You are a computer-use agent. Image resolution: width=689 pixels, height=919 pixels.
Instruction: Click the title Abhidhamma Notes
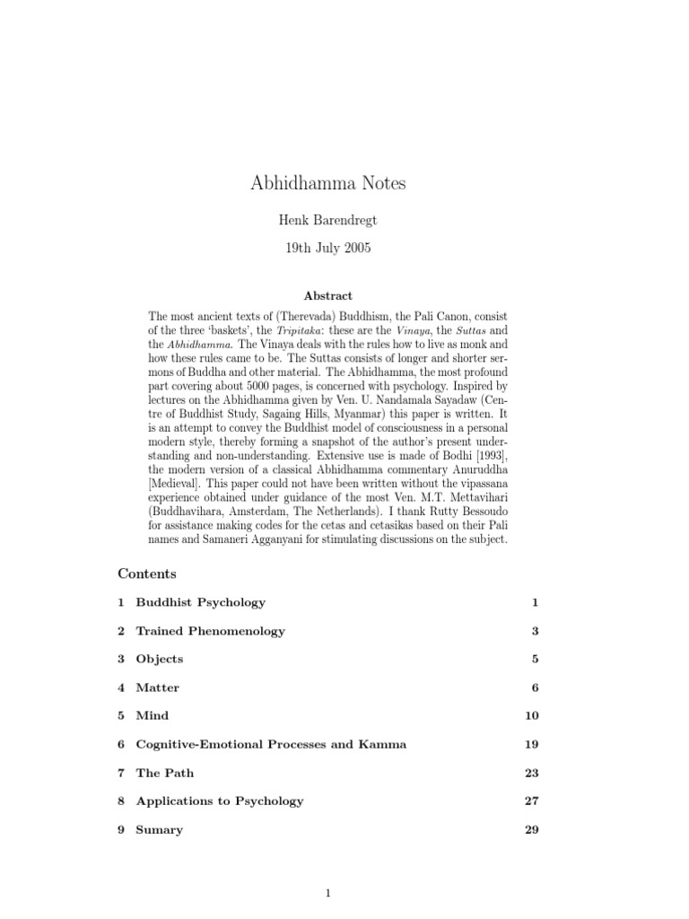[x=327, y=183]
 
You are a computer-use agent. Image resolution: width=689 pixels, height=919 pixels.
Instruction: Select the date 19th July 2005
[x=327, y=249]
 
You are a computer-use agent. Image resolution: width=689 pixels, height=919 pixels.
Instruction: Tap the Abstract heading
[x=327, y=295]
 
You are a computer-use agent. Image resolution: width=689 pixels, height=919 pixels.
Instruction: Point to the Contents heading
[x=147, y=573]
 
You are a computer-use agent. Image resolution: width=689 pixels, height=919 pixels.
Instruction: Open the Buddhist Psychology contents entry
[x=200, y=602]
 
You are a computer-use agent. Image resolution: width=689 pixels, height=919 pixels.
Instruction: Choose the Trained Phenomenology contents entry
[x=210, y=631]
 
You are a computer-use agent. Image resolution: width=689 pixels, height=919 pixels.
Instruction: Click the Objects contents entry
[x=159, y=659]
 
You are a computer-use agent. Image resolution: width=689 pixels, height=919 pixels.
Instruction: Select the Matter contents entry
[x=157, y=687]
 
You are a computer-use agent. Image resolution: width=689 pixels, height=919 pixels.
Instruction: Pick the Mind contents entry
[x=152, y=716]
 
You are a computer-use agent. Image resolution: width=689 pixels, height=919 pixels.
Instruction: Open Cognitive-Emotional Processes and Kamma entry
[x=270, y=744]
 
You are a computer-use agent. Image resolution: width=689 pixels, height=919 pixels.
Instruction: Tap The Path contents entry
[x=164, y=773]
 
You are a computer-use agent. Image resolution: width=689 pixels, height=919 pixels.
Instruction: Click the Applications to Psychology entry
[x=219, y=801]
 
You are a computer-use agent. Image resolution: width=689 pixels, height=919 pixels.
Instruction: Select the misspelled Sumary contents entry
[x=159, y=830]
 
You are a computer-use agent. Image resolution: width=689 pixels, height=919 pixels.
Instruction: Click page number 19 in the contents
[x=531, y=744]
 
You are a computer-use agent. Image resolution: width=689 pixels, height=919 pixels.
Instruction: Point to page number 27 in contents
[x=531, y=801]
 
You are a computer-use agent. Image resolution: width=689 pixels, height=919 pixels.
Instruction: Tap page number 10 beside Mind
[x=531, y=716]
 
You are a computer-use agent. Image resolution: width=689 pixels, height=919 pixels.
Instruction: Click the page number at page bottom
[x=328, y=893]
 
